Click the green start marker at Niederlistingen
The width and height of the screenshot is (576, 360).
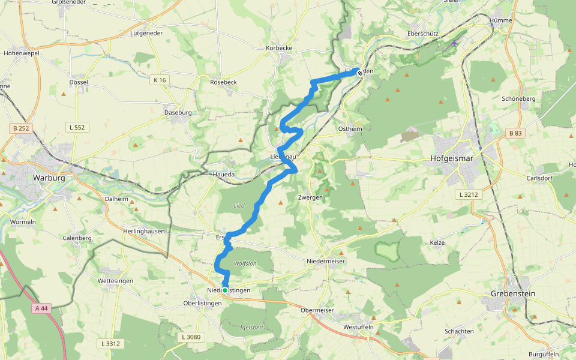(x=225, y=290)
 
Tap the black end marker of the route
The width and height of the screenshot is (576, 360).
(x=359, y=73)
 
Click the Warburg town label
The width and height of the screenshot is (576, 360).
(x=49, y=178)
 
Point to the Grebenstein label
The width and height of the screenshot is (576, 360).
(x=514, y=293)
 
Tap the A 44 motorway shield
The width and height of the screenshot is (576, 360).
(x=40, y=308)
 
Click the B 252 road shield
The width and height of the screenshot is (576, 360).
(x=19, y=128)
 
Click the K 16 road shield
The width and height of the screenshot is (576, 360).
(x=159, y=80)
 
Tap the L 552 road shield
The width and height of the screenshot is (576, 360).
(x=77, y=127)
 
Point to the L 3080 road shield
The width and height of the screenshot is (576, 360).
(x=191, y=337)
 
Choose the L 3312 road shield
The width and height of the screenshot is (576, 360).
(x=110, y=343)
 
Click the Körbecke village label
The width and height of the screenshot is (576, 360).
(x=278, y=47)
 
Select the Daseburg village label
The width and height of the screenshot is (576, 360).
(x=178, y=112)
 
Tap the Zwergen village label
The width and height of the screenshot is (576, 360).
(x=310, y=197)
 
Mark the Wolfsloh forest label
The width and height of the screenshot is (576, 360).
(x=245, y=263)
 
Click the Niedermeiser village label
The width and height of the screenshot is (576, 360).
(x=326, y=261)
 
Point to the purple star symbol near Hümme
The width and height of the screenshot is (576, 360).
(x=454, y=43)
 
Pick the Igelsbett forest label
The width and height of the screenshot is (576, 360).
(x=251, y=328)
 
